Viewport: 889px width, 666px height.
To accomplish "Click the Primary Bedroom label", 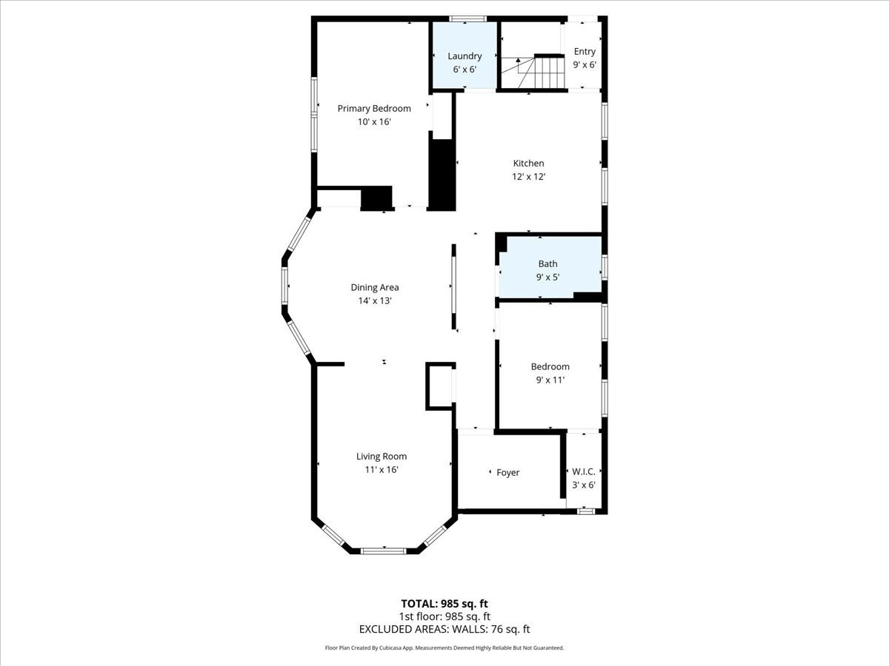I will coord(374,109).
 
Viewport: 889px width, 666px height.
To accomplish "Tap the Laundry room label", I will coord(465,56).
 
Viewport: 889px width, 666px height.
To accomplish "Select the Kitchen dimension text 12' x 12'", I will coord(529,177).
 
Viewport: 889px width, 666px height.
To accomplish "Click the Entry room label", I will coord(585,52).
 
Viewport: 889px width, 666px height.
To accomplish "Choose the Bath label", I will coord(548,263).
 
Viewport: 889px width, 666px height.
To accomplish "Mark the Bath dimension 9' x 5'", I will coord(548,277).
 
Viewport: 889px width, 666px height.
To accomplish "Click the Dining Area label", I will coord(375,288).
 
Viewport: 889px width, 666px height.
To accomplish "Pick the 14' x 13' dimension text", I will coord(375,300).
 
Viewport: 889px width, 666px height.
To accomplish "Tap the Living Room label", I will coord(382,457).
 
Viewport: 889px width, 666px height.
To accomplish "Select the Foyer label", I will coord(508,473).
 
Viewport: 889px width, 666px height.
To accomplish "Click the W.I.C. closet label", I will coord(584,471).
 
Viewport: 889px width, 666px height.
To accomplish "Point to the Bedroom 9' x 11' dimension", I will coord(550,380).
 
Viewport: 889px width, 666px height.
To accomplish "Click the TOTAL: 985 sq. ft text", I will coord(444,603).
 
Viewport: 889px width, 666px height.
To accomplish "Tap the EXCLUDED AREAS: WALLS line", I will coord(444,630).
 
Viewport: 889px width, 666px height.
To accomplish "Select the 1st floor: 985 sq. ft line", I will coord(444,616).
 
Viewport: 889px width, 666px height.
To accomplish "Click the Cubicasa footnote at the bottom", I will coord(444,647).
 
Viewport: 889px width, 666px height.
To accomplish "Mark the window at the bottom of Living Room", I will coord(383,551).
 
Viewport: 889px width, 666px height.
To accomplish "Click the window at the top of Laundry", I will coord(468,18).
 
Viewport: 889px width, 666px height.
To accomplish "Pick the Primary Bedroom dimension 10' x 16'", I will coord(374,122).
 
